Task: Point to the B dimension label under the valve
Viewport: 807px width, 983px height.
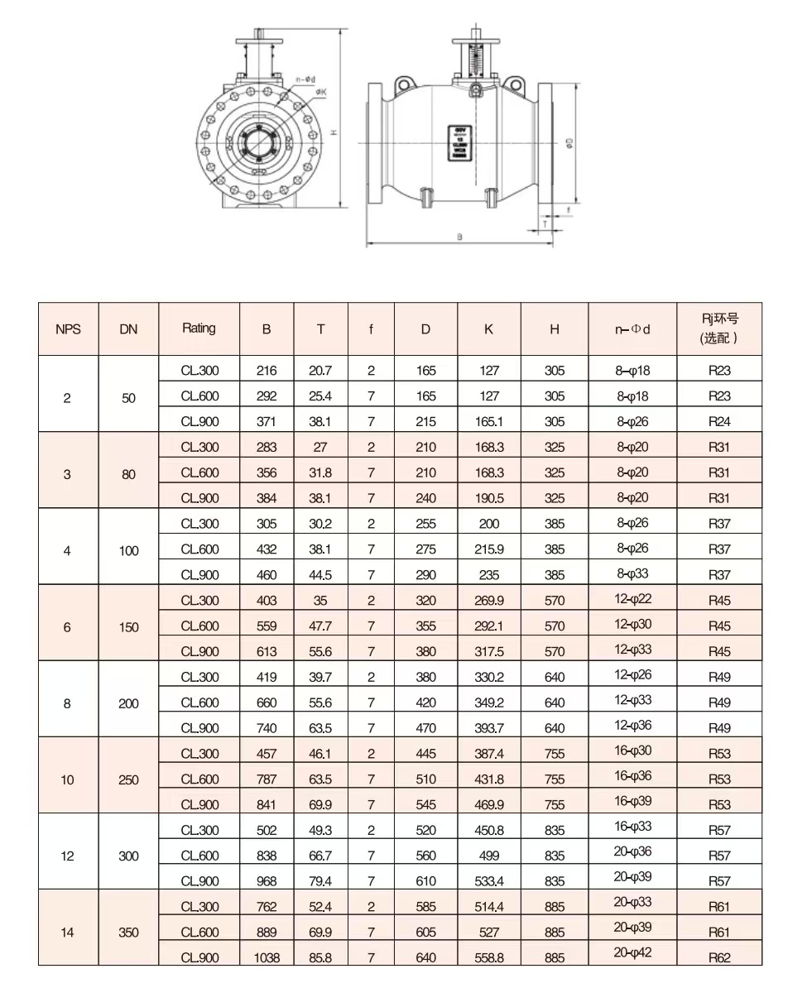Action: pyautogui.click(x=459, y=237)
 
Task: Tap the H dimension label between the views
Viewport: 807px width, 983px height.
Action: pyautogui.click(x=333, y=132)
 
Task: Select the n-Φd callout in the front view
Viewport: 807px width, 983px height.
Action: pyautogui.click(x=304, y=80)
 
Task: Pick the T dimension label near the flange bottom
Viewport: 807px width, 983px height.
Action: pyautogui.click(x=545, y=223)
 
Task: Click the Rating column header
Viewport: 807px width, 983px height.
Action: pyautogui.click(x=199, y=328)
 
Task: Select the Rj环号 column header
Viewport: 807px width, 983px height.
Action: pyautogui.click(x=719, y=328)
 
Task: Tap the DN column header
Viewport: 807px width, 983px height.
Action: pyautogui.click(x=128, y=328)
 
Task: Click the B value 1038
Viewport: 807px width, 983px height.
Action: pyautogui.click(x=267, y=957)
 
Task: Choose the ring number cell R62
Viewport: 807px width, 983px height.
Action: pyautogui.click(x=719, y=957)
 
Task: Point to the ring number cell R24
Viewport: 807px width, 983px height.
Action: pyautogui.click(x=719, y=421)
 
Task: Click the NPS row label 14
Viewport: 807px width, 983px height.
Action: pyautogui.click(x=68, y=933)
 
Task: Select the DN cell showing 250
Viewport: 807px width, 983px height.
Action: pyautogui.click(x=128, y=779)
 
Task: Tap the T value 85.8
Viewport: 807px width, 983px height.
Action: pyautogui.click(x=320, y=957)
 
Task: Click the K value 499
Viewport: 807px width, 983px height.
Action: pyautogui.click(x=489, y=856)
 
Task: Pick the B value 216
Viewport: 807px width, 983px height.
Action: pyautogui.click(x=267, y=371)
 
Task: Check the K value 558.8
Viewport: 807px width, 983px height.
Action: pyautogui.click(x=489, y=957)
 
